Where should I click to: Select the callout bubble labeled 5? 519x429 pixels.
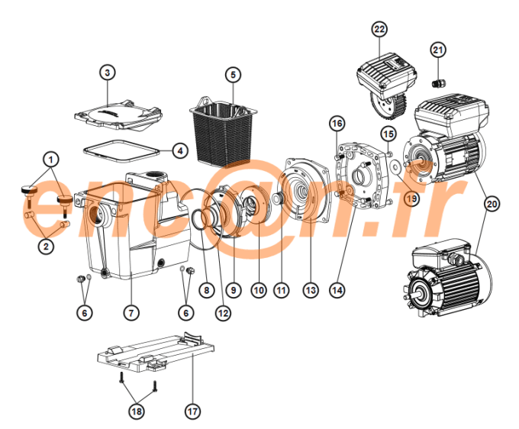(233, 75)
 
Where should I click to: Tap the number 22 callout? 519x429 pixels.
(379, 29)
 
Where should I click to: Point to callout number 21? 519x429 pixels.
(437, 50)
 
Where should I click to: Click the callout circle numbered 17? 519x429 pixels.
(192, 411)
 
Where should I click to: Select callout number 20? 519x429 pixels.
(492, 204)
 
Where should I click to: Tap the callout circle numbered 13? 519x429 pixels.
(310, 290)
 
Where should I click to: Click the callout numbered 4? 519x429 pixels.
(179, 150)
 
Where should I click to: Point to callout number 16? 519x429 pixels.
(337, 123)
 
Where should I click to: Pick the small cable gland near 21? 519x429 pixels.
(438, 81)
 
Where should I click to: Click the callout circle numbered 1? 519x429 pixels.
(50, 160)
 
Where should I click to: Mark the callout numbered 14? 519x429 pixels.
(337, 290)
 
